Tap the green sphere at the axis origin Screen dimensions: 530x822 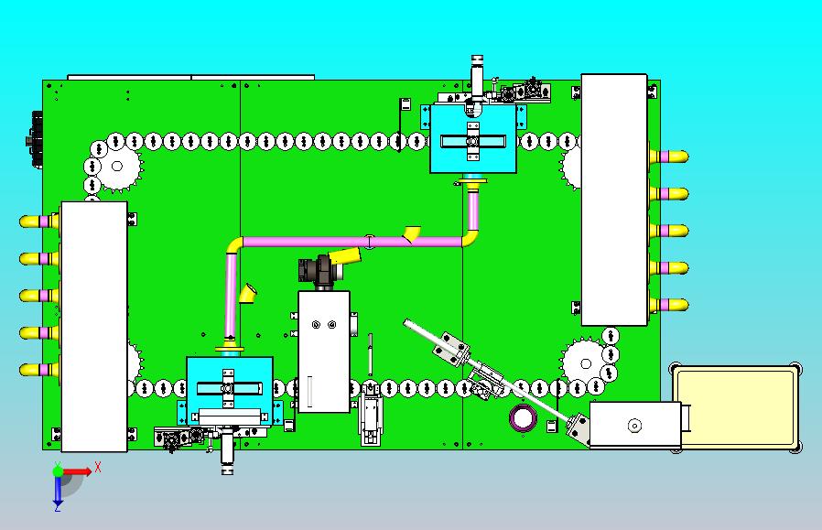[59, 471]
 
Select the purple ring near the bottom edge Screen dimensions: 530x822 [524, 418]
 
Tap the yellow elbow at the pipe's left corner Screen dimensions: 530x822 [233, 246]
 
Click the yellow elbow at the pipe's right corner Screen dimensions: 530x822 [470, 238]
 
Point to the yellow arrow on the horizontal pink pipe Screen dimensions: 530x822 [413, 233]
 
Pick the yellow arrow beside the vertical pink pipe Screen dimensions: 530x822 [247, 293]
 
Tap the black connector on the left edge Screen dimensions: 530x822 [38, 139]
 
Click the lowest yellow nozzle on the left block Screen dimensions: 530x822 [38, 370]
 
